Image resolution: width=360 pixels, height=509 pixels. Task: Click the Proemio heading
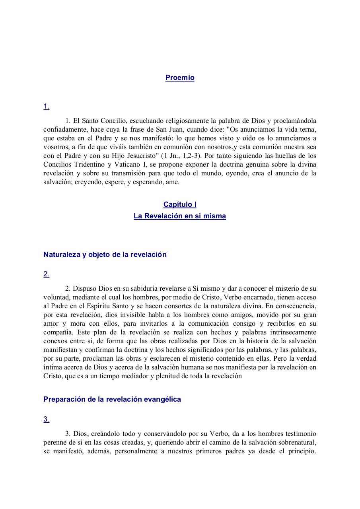pyautogui.click(x=180, y=78)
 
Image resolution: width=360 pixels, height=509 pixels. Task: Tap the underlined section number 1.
pyautogui.click(x=47, y=106)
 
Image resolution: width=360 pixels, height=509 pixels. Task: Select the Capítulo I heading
pyautogui.click(x=180, y=204)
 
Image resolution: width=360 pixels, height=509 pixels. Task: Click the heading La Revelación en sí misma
pyautogui.click(x=180, y=216)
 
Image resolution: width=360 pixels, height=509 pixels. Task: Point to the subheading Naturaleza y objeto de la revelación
pyautogui.click(x=105, y=254)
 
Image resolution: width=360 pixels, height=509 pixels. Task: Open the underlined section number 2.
pyautogui.click(x=47, y=274)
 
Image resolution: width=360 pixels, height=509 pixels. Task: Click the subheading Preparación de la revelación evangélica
pyautogui.click(x=112, y=399)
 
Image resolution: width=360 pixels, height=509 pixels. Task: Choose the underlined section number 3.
pyautogui.click(x=47, y=419)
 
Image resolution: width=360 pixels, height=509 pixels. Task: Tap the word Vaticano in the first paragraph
pyautogui.click(x=121, y=164)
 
